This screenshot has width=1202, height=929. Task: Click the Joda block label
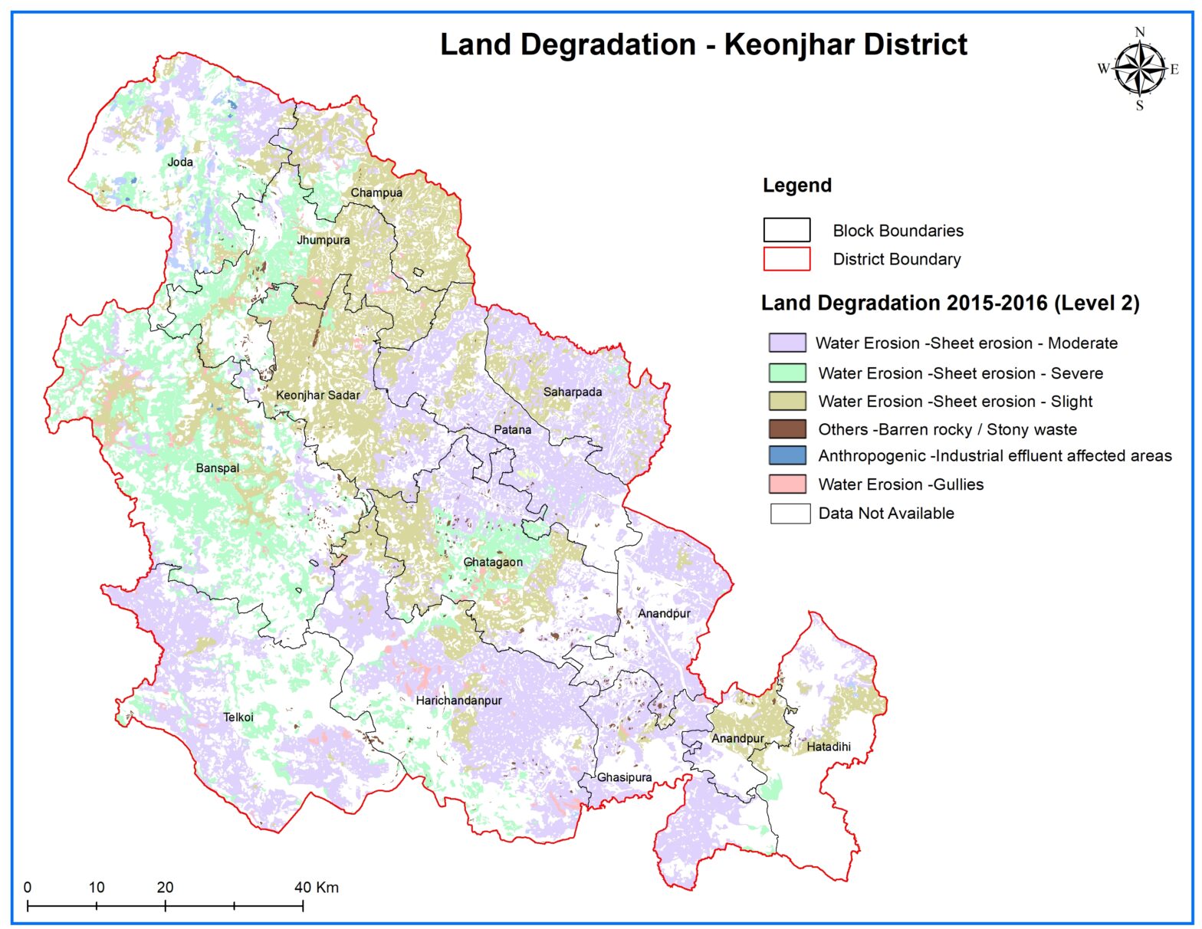point(180,162)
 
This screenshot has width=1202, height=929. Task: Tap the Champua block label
point(376,192)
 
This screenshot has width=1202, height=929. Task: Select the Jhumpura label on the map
point(323,240)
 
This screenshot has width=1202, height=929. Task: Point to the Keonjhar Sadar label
point(317,395)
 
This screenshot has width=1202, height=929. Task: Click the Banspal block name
point(218,468)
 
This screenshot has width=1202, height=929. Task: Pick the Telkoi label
point(238,717)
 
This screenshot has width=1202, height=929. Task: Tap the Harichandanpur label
point(458,701)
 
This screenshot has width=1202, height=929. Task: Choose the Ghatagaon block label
point(493,562)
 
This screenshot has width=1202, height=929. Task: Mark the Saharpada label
point(573,392)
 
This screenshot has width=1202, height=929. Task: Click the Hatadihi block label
point(829,746)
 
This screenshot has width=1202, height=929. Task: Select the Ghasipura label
point(625,777)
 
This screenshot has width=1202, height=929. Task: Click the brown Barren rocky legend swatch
point(787,429)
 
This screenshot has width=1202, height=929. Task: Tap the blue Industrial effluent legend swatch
point(787,455)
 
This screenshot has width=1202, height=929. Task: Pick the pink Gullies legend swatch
point(787,484)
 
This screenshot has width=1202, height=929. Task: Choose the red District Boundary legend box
point(787,259)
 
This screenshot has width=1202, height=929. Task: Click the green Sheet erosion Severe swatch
point(787,373)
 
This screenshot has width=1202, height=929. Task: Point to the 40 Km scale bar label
point(317,887)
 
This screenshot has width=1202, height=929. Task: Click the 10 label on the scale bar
point(97,887)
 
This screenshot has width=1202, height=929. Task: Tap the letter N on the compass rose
point(1140,32)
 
